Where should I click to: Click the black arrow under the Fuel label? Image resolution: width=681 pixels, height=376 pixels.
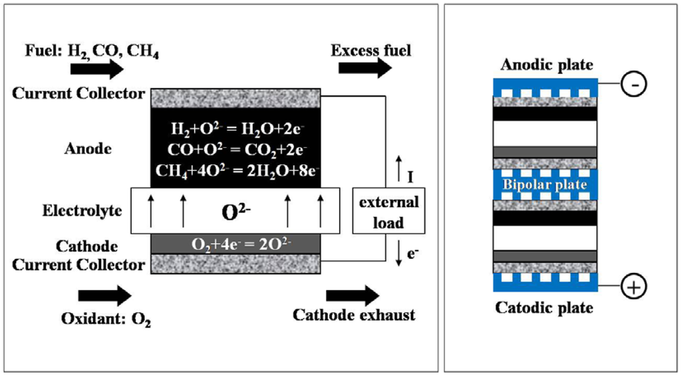pos(100,69)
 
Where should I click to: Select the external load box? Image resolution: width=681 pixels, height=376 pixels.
pos(388,212)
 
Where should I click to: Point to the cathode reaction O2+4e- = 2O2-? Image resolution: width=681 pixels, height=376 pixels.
pos(237,244)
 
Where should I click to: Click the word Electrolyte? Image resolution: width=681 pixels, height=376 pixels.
pos(83,211)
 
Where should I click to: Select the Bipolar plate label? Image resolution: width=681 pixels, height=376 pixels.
pos(545,184)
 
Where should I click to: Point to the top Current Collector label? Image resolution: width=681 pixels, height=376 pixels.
pos(78,93)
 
